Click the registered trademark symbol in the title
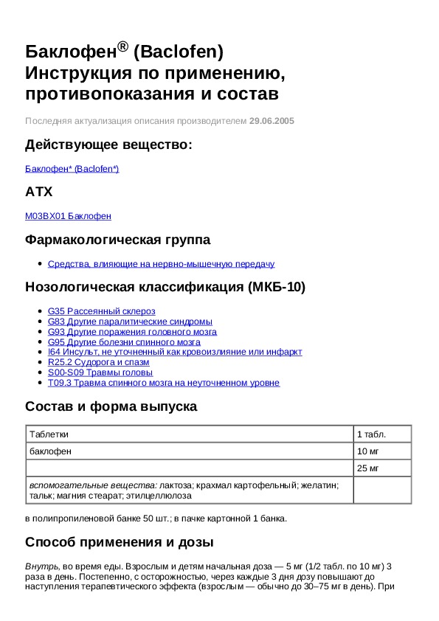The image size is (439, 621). click(x=122, y=46)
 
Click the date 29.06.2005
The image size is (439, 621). click(x=272, y=120)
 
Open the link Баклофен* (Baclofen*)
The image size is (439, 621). click(x=72, y=169)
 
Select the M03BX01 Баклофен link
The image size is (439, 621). click(x=68, y=216)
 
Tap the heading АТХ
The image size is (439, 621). click(x=39, y=192)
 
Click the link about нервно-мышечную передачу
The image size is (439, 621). click(x=161, y=263)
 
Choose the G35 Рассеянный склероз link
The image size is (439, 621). click(x=101, y=311)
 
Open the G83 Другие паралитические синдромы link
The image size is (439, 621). click(x=130, y=322)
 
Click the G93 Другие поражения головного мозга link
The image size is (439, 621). click(x=132, y=332)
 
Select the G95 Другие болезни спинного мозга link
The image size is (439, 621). click(x=124, y=342)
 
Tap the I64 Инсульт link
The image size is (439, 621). click(x=175, y=352)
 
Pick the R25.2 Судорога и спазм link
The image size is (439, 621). click(x=98, y=362)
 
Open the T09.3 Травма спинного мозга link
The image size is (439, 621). click(x=164, y=383)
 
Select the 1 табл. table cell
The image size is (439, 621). click(x=371, y=434)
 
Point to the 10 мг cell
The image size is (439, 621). click(x=367, y=451)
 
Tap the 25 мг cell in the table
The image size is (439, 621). click(x=367, y=468)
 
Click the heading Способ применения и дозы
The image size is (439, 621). click(x=120, y=543)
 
